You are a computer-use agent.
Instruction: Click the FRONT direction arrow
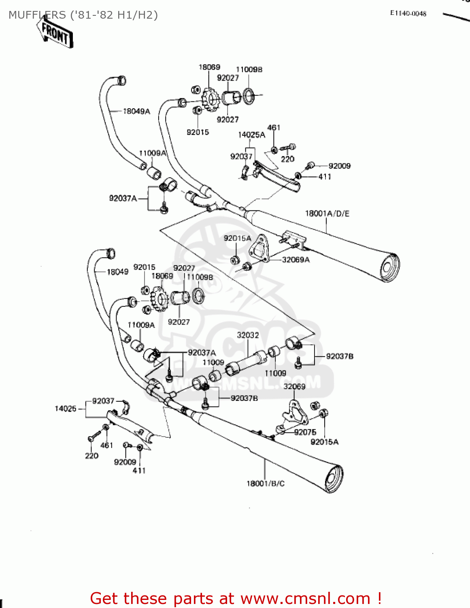pyautogui.click(x=55, y=34)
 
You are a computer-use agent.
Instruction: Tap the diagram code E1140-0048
pyautogui.click(x=408, y=13)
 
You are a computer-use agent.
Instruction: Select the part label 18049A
pyautogui.click(x=136, y=111)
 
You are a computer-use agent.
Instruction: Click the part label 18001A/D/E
pyautogui.click(x=327, y=213)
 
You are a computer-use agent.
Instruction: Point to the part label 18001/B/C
pyautogui.click(x=266, y=483)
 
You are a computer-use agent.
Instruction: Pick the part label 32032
pyautogui.click(x=248, y=335)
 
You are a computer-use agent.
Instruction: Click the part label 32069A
pyautogui.click(x=296, y=260)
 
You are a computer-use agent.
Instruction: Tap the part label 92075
pyautogui.click(x=305, y=432)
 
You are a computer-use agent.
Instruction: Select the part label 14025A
pyautogui.click(x=251, y=135)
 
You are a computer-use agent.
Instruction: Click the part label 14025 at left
pyautogui.click(x=66, y=409)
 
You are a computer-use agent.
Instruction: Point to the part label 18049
pyautogui.click(x=117, y=272)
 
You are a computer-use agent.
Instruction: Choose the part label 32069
pyautogui.click(x=294, y=386)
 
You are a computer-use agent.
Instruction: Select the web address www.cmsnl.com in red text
pyautogui.click(x=306, y=598)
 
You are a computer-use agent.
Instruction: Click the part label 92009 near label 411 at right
pyautogui.click(x=339, y=166)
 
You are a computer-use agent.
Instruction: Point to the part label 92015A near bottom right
pyautogui.click(x=324, y=442)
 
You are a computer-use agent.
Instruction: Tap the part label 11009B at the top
pyautogui.click(x=249, y=70)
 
